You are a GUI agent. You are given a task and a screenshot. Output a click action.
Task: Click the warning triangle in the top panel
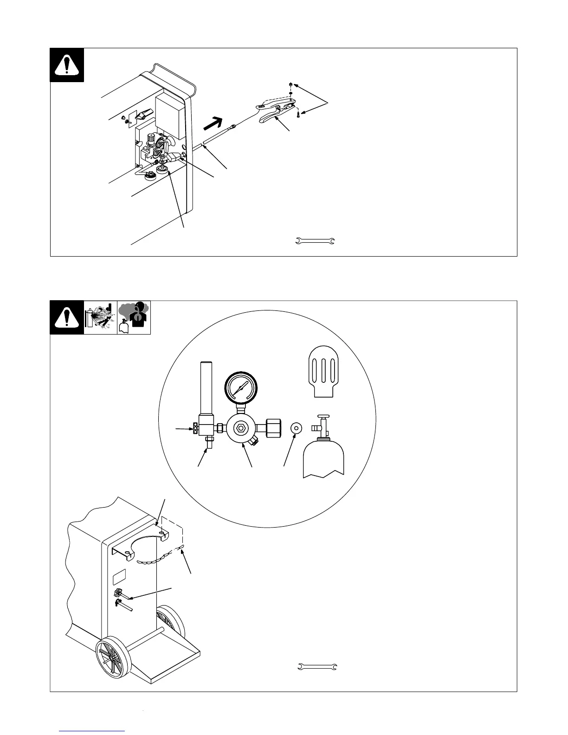tap(67, 65)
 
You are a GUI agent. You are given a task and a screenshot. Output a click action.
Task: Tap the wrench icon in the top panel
tap(316, 241)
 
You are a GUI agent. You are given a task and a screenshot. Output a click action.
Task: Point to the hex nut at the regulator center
tap(240, 428)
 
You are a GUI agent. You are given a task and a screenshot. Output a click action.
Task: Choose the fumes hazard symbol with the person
tap(134, 318)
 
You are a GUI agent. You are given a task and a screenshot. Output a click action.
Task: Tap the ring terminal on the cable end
tap(233, 125)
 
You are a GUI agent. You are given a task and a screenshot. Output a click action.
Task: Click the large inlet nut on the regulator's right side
tap(273, 427)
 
